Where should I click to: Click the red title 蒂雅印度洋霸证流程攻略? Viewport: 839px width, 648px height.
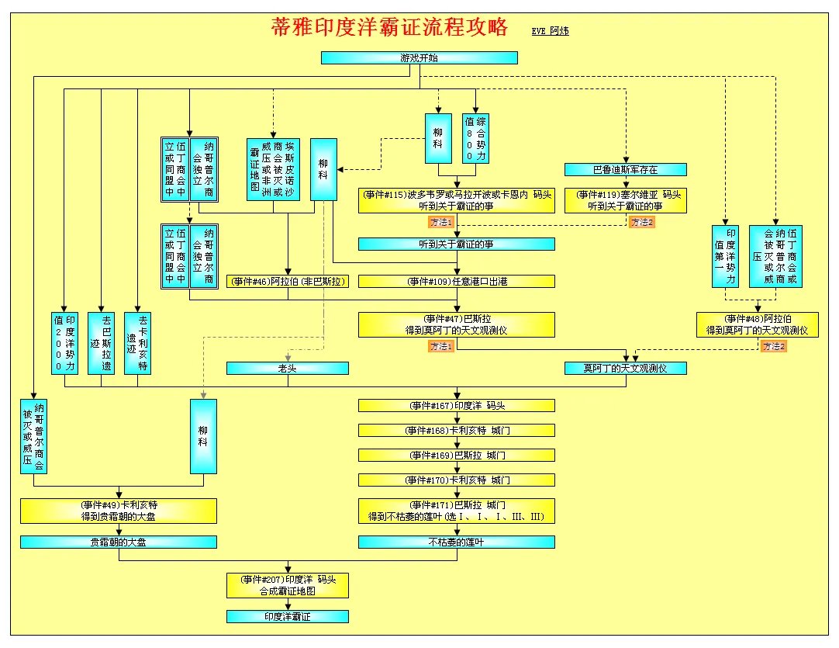coord(389,28)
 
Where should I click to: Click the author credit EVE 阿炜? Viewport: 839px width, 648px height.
coord(550,31)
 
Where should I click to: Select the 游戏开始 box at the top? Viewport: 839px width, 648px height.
coord(419,57)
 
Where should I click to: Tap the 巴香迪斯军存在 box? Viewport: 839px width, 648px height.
coord(625,169)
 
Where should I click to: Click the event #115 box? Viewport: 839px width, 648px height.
coord(456,200)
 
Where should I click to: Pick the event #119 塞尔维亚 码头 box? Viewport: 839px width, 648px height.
coord(625,200)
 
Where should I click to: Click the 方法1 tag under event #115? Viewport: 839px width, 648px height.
coord(440,222)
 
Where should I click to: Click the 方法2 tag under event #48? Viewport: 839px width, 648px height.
coord(773,346)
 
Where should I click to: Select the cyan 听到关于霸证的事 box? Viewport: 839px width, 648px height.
coord(456,244)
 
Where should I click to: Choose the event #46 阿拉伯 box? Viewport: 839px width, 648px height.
coord(288,282)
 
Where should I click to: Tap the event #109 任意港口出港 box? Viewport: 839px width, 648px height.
coord(456,282)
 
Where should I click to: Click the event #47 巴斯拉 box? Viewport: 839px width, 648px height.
coord(456,324)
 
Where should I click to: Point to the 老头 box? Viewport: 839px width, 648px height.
coord(288,368)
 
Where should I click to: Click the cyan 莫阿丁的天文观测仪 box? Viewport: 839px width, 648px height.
coord(625,368)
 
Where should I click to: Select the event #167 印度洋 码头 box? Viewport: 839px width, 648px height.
coord(456,405)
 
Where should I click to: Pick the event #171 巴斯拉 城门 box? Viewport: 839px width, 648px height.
coord(456,511)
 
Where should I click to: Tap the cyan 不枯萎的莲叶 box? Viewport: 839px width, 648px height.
coord(456,542)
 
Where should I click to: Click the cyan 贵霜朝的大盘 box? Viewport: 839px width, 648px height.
coord(119,542)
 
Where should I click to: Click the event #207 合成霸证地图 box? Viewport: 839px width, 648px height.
coord(288,585)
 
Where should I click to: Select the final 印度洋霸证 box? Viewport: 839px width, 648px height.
coord(288,616)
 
